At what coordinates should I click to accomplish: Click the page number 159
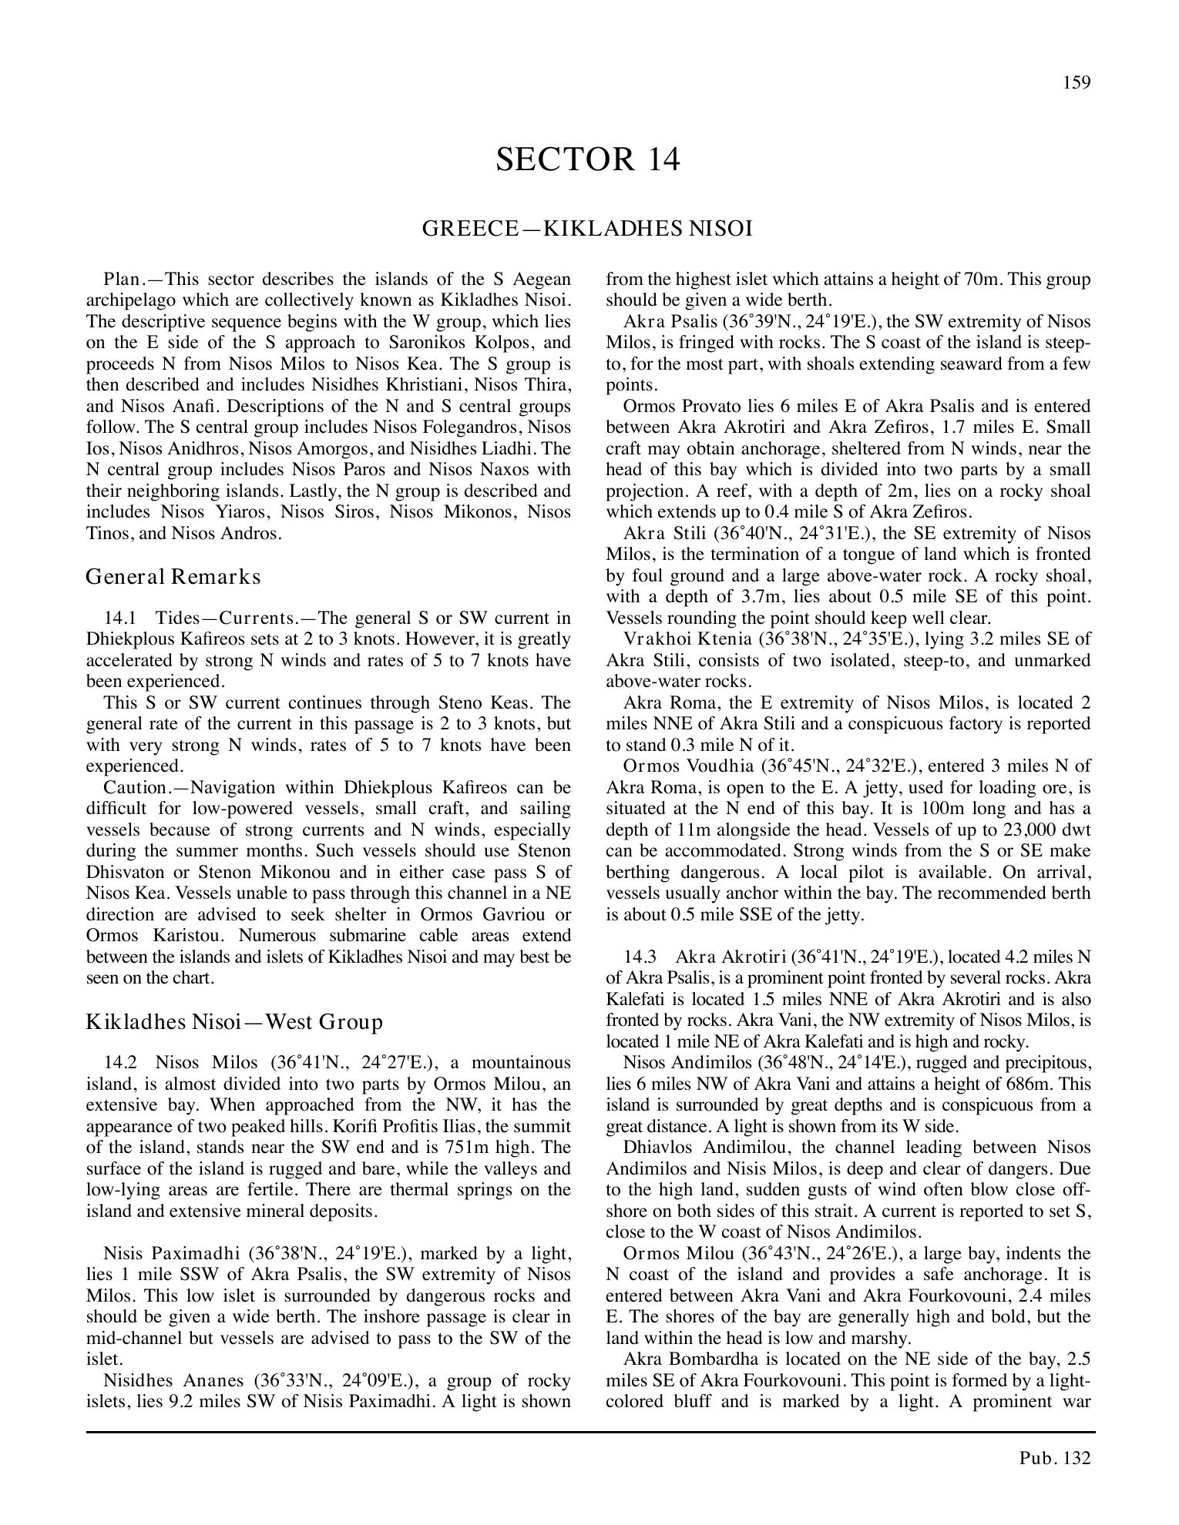[1076, 82]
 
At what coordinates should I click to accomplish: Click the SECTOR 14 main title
[588, 159]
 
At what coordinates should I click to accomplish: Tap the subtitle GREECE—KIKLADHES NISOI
[587, 229]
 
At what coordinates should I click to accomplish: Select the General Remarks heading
[173, 576]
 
